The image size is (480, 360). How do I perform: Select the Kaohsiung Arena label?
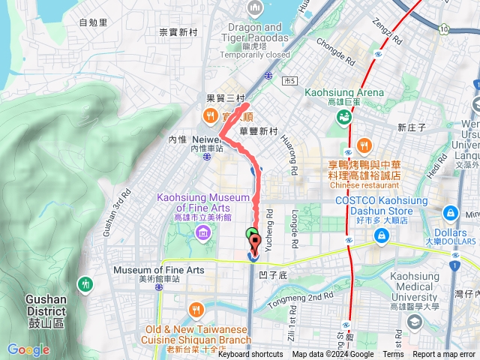pos(345,93)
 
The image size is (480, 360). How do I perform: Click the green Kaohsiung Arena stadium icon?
pos(344,116)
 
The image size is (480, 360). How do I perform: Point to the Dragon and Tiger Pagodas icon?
pos(254,9)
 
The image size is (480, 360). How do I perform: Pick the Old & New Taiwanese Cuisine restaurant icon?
pos(196,309)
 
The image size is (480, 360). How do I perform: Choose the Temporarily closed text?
pos(254,55)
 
